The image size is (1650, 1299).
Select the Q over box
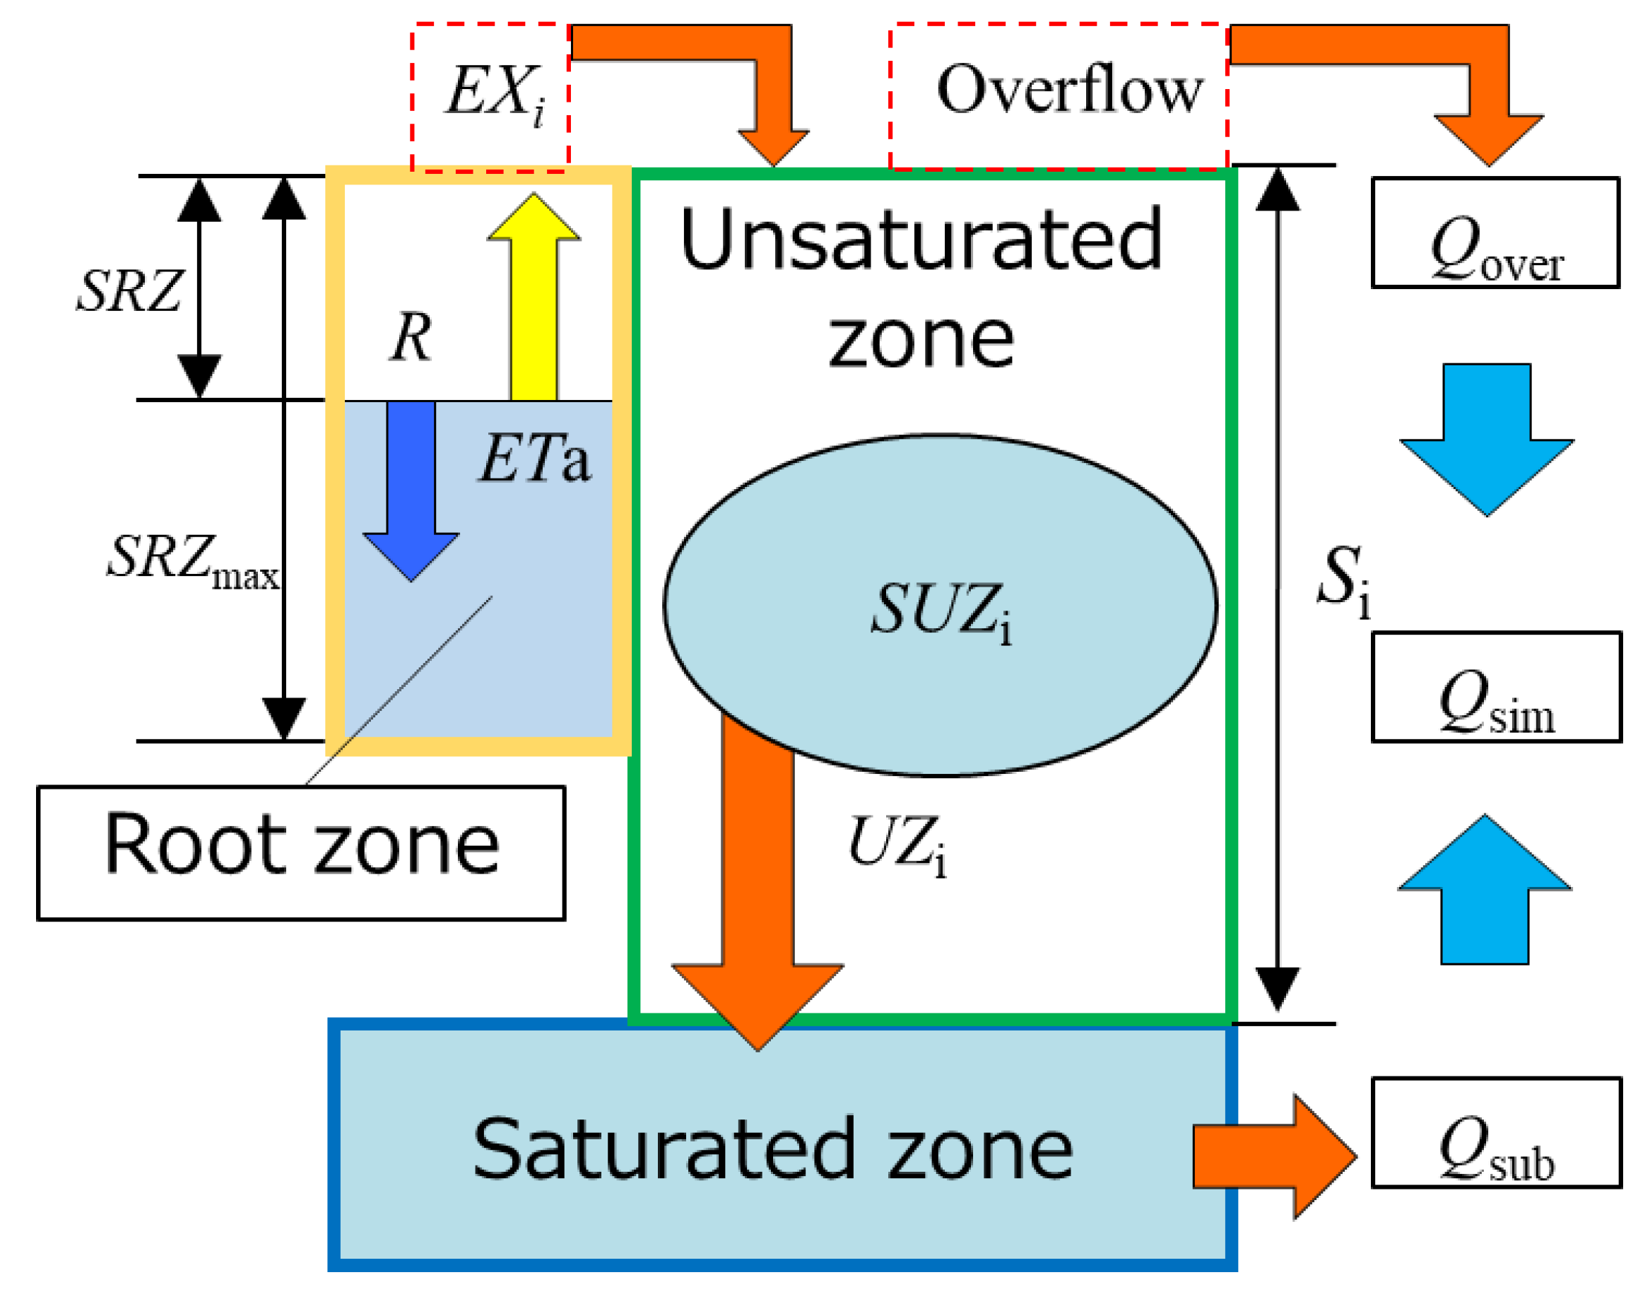[x=1494, y=233]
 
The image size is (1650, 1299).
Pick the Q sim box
[x=1496, y=687]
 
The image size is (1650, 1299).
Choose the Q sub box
[x=1496, y=1132]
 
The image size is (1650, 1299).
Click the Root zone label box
[x=301, y=852]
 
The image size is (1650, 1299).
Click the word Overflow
[x=1069, y=90]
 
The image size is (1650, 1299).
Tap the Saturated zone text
[x=772, y=1149]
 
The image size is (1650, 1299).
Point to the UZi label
[x=897, y=843]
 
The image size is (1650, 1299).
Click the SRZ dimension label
[x=129, y=290]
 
